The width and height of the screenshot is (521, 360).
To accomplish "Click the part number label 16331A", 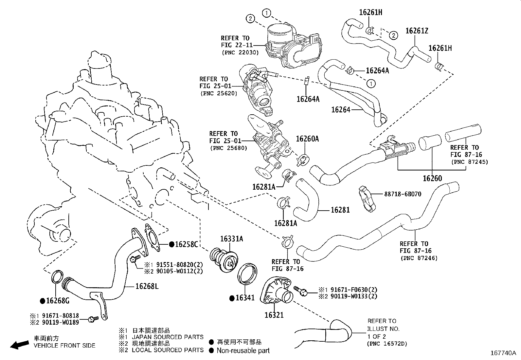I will [x=231, y=239].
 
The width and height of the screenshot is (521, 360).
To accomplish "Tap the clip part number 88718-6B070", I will [x=403, y=194].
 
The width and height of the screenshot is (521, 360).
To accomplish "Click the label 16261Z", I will [x=417, y=31].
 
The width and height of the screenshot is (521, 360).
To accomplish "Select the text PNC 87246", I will [x=419, y=258].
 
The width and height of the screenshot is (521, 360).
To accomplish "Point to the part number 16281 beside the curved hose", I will [x=340, y=210].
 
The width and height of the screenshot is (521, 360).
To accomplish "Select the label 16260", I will [x=432, y=179].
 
